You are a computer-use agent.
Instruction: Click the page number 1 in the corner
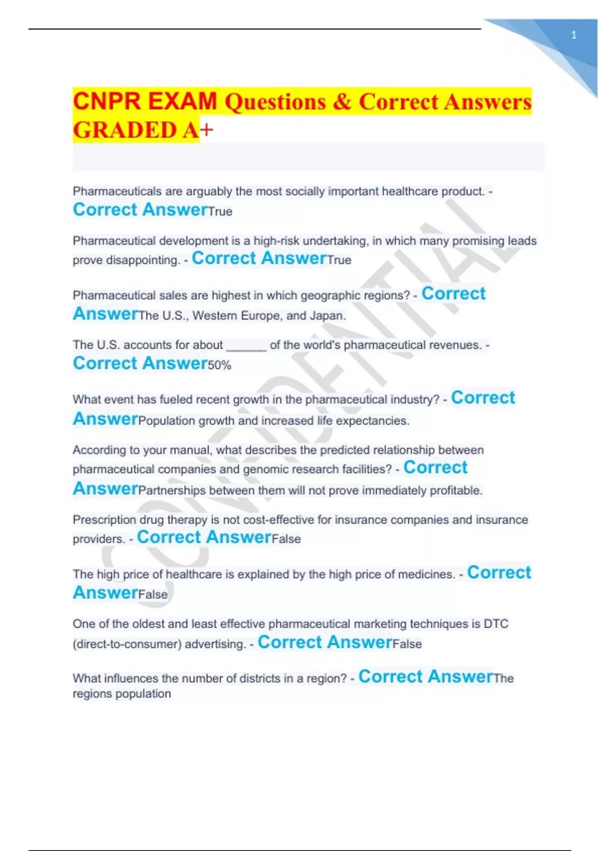coord(573,35)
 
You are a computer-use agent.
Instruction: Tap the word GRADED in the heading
coord(124,130)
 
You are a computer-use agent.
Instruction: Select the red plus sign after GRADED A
coord(206,130)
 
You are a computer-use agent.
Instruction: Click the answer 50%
coord(219,365)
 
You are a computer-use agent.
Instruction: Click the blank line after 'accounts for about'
coord(246,345)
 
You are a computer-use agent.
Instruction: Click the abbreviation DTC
coord(496,624)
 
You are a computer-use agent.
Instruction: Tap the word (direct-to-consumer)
coord(127,644)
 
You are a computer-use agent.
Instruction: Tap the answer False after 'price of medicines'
coord(153,595)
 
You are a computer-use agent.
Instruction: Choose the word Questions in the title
coord(275,102)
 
